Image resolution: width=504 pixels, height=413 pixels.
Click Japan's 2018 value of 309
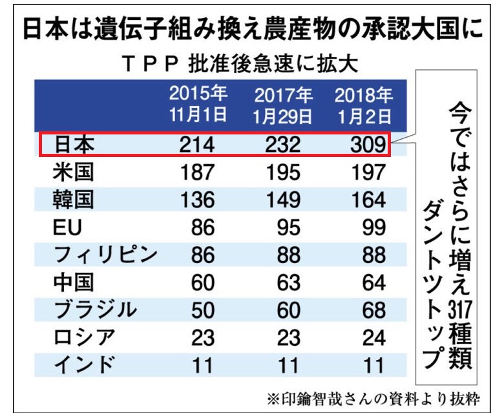(x=368, y=145)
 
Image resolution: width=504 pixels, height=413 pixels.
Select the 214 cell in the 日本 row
(x=196, y=145)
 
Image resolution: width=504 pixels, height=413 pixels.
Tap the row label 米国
(x=73, y=173)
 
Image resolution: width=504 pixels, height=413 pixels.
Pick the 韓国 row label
(x=73, y=200)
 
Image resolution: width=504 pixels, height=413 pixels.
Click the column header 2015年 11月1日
(x=198, y=104)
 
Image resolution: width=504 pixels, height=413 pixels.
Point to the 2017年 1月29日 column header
(x=283, y=106)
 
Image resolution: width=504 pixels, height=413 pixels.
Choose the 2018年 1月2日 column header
(x=364, y=106)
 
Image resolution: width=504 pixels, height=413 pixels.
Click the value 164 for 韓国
(x=368, y=200)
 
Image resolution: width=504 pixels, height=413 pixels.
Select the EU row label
(x=67, y=228)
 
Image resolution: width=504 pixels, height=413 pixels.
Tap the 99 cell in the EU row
(x=374, y=228)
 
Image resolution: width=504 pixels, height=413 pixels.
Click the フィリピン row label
(x=105, y=255)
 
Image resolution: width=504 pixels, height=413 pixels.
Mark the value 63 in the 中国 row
(x=288, y=282)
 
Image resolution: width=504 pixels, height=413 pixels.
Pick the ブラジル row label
(x=95, y=310)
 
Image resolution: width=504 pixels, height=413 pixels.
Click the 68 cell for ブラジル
(x=374, y=310)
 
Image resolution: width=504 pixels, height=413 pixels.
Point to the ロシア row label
(x=84, y=337)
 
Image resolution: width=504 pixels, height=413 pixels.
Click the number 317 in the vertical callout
(x=460, y=309)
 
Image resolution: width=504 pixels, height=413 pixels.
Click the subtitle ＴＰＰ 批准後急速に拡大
(x=240, y=64)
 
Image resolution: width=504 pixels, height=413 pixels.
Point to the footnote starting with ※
(x=373, y=399)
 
